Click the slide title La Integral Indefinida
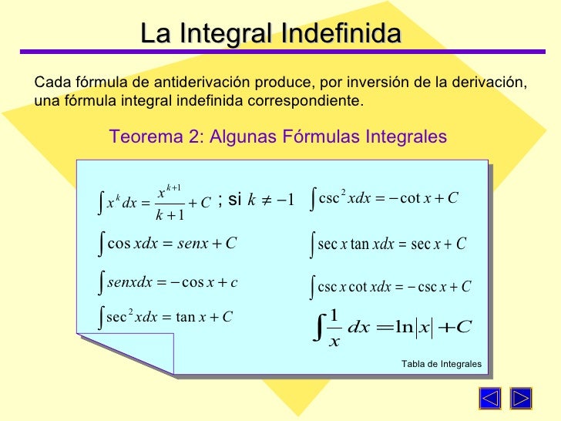pyautogui.click(x=270, y=33)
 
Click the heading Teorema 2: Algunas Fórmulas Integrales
pyautogui.click(x=278, y=136)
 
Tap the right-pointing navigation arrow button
pyautogui.click(x=522, y=400)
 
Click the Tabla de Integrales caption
pyautogui.click(x=441, y=363)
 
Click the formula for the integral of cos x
pyautogui.click(x=167, y=244)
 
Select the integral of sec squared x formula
pyautogui.click(x=166, y=316)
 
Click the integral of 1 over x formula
pyautogui.click(x=393, y=327)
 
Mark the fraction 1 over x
pyautogui.click(x=334, y=327)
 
